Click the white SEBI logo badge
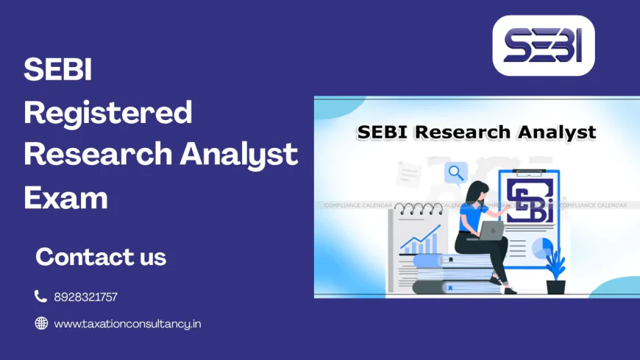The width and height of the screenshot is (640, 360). pos(543,46)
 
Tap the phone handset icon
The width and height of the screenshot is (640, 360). pos(40,296)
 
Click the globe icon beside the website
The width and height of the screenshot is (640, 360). pos(41,322)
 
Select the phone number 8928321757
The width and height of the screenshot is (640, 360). pos(85,297)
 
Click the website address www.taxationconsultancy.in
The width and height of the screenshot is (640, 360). pos(127,323)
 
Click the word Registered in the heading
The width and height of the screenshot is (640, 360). pos(108,113)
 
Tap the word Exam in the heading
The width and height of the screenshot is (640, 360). pos(66,197)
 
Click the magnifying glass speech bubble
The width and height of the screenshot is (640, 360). pos(456,173)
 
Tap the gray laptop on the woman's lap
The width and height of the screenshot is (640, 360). pos(491,230)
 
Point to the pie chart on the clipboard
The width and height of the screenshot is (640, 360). pos(542,248)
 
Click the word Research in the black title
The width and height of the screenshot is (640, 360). pos(463,133)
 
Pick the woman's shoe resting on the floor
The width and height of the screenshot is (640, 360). pos(508,289)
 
